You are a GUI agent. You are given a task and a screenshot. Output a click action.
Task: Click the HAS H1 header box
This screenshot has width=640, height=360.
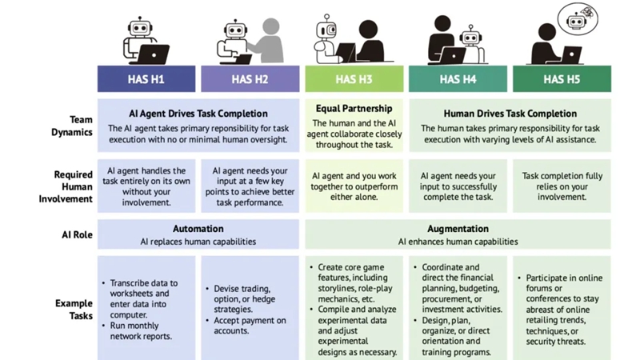tap(146, 78)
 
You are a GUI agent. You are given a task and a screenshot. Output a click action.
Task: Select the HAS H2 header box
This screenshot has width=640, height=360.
tap(250, 78)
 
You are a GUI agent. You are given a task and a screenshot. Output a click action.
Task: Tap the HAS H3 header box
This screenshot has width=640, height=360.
tap(354, 78)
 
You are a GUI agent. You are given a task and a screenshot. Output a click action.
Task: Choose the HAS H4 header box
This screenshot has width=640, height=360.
tap(458, 78)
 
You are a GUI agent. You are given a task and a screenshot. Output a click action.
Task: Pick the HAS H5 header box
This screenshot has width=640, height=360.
tap(562, 78)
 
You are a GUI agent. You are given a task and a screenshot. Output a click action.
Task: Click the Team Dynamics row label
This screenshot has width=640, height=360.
tap(72, 126)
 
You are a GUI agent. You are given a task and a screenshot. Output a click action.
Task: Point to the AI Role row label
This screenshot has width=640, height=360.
tap(77, 234)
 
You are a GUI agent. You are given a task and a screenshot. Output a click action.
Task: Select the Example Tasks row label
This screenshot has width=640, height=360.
tap(74, 310)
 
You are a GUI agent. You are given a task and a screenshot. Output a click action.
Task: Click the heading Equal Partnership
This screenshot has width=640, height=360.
tap(354, 109)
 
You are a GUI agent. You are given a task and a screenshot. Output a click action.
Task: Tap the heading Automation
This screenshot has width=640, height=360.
tap(198, 229)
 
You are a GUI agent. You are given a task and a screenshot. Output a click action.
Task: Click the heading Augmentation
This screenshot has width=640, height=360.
tap(458, 229)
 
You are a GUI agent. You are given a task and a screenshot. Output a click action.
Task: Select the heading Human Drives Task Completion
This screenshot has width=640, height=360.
tap(510, 114)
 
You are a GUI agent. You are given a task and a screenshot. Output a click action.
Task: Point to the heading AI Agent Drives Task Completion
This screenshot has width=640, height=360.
tap(198, 114)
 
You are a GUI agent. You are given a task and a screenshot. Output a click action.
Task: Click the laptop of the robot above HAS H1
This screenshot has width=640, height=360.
tap(154, 54)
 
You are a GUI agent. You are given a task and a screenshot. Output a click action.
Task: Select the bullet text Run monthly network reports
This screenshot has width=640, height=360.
tap(141, 331)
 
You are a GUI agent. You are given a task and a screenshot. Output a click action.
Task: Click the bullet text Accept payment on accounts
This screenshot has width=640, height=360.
tap(250, 326)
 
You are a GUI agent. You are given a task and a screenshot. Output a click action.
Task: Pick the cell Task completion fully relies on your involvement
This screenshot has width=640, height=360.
tap(562, 186)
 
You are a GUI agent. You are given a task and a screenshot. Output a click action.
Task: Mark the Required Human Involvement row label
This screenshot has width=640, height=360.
tap(66, 186)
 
